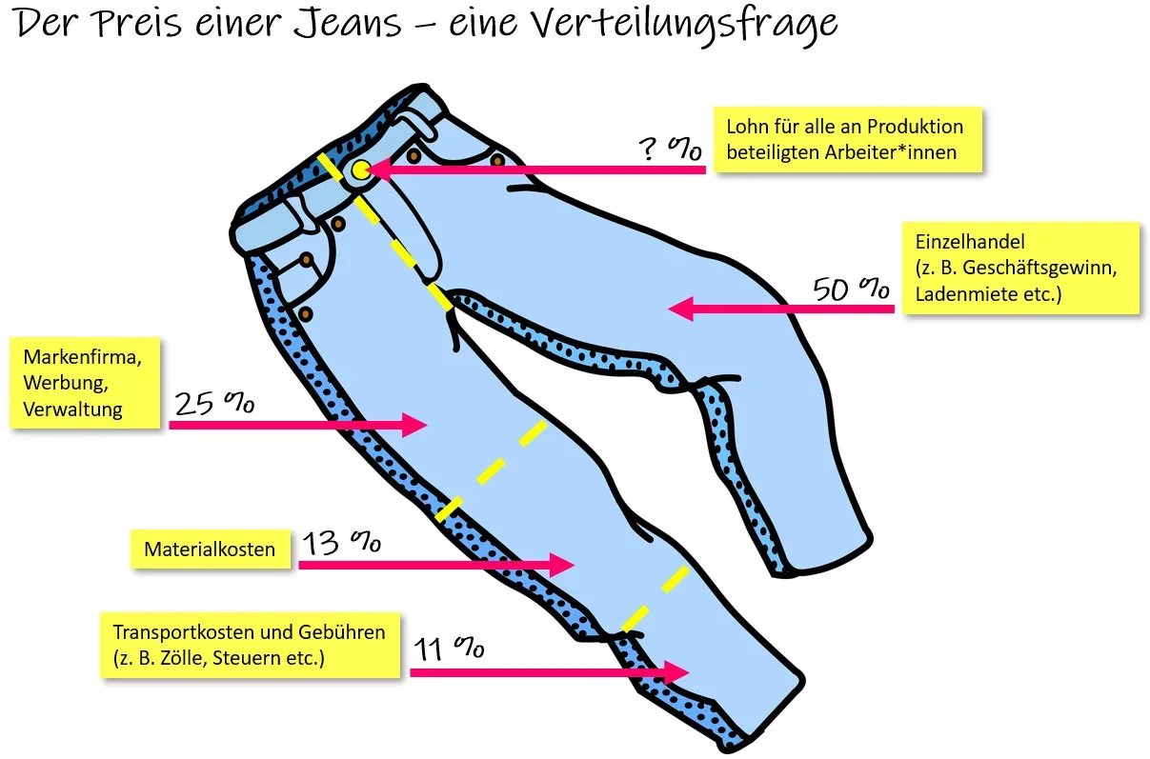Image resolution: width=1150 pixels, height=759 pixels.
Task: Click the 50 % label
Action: point(850,289)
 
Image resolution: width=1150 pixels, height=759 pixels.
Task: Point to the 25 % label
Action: point(213,404)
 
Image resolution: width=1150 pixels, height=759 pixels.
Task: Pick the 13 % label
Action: point(341,544)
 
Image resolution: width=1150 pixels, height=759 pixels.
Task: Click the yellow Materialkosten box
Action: point(210,549)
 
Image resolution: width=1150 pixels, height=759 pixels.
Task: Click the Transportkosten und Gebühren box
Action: point(250,645)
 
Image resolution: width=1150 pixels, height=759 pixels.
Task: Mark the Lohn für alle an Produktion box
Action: point(847,139)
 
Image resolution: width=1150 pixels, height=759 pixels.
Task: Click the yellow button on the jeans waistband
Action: point(360,170)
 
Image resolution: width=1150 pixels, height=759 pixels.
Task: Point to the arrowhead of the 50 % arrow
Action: point(677,309)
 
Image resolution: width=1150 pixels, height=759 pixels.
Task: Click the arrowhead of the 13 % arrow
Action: point(563,564)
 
